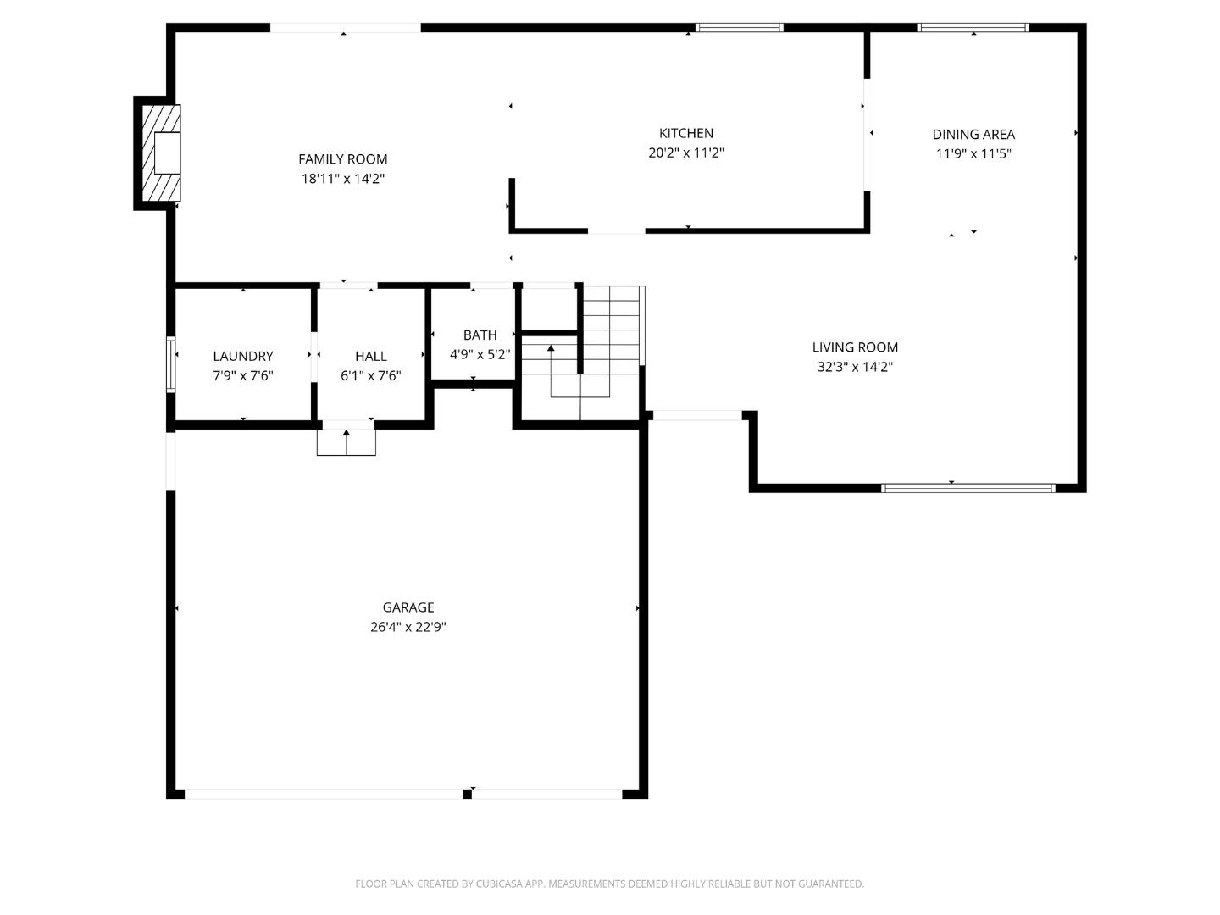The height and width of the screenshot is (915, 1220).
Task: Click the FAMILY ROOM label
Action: pyautogui.click(x=342, y=159)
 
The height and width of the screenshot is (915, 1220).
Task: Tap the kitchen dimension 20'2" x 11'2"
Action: pyautogui.click(x=685, y=153)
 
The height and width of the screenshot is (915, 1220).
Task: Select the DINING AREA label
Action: pyautogui.click(x=973, y=134)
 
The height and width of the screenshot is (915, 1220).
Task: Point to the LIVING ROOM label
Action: pyautogui.click(x=855, y=347)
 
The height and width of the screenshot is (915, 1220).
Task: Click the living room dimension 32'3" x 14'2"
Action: pyautogui.click(x=855, y=367)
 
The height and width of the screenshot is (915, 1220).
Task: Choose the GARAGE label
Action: pyautogui.click(x=408, y=607)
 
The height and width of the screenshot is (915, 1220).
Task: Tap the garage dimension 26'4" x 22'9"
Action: pyautogui.click(x=408, y=628)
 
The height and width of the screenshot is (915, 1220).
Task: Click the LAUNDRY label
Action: pyautogui.click(x=243, y=357)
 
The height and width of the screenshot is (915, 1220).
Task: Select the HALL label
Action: pyautogui.click(x=371, y=357)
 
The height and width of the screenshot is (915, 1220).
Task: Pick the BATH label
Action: pyautogui.click(x=480, y=335)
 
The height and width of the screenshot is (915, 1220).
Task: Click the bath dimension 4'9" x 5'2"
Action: pyautogui.click(x=480, y=355)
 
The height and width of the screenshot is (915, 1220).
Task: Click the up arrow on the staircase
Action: pyautogui.click(x=551, y=348)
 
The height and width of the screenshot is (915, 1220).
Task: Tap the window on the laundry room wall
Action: pyautogui.click(x=171, y=365)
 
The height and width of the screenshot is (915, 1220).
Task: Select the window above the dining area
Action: pyautogui.click(x=973, y=28)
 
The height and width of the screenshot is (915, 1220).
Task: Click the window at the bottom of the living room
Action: pyautogui.click(x=968, y=488)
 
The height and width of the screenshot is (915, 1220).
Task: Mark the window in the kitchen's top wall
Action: pyautogui.click(x=739, y=28)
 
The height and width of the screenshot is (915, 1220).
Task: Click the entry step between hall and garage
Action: pyautogui.click(x=347, y=442)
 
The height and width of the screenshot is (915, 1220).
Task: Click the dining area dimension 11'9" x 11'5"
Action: pyautogui.click(x=973, y=154)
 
